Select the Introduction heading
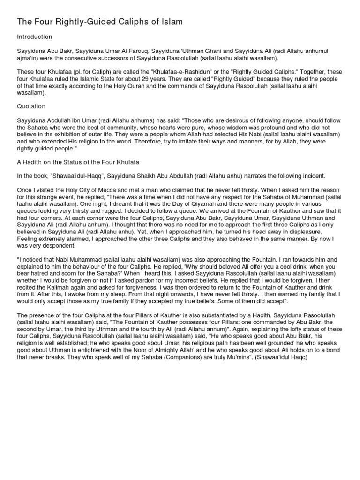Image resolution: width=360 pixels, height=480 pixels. point(34,37)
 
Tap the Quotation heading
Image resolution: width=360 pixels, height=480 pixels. point(31,106)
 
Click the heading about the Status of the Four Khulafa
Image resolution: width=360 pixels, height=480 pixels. point(78,162)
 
